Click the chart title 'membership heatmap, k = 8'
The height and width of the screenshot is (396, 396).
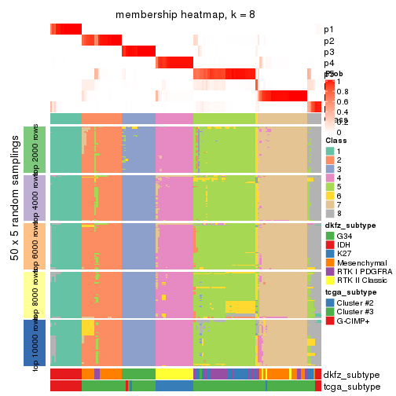pyautogui.click(x=185, y=15)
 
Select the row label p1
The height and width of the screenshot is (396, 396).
pyautogui.click(x=328, y=29)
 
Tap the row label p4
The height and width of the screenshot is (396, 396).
pyautogui.click(x=328, y=63)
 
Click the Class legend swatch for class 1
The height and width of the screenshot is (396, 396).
pyautogui.click(x=331, y=151)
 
